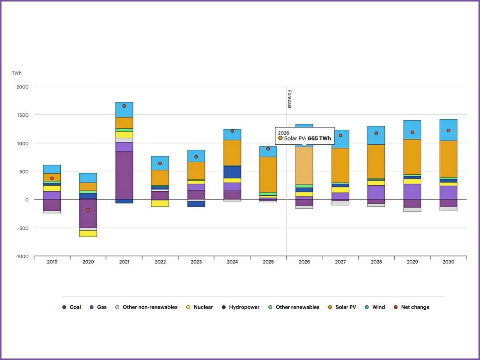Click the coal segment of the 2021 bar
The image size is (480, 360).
[x=124, y=175]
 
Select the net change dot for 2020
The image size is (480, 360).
[x=88, y=210]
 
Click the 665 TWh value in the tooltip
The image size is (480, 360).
[x=319, y=138]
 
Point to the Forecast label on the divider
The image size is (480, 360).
[x=289, y=99]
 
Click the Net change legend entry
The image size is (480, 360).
[x=415, y=307]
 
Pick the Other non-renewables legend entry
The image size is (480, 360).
[x=150, y=307]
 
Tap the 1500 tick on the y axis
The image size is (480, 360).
[x=23, y=115]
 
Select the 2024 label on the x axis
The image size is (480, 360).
[x=232, y=262]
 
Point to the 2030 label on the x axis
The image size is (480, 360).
[x=448, y=262]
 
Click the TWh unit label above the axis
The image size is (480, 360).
[x=17, y=73]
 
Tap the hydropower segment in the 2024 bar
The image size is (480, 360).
[x=232, y=172]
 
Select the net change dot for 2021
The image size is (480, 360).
[x=124, y=106]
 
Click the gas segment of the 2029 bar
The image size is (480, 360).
[x=412, y=191]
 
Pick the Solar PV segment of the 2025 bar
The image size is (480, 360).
[x=268, y=174]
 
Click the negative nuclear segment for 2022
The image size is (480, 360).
[x=160, y=203]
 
